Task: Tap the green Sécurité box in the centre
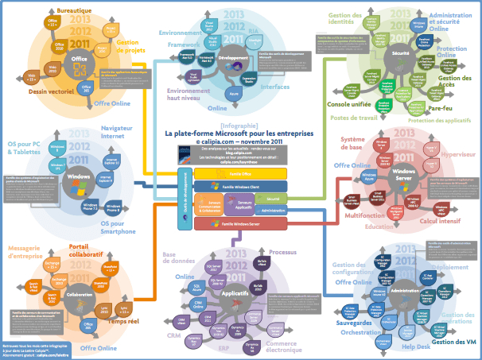271,199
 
